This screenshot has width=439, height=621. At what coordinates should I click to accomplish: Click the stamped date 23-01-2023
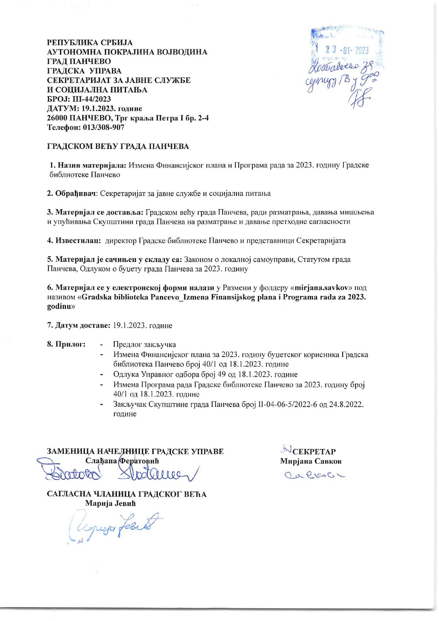pos(347,51)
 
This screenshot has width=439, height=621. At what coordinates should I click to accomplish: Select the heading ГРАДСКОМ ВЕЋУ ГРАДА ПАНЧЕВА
pos(118,146)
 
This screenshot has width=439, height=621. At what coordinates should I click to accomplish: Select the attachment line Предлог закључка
pos(144,345)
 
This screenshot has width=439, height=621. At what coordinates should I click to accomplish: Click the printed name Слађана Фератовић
pos(122,461)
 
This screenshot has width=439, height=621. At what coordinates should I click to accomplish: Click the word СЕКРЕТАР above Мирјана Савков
pos(314,452)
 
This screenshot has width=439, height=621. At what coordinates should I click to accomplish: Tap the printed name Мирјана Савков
pos(311,461)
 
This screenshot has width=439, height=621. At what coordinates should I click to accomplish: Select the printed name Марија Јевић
pos(110,503)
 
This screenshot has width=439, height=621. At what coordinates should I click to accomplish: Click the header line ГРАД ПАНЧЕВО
pos(79,61)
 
